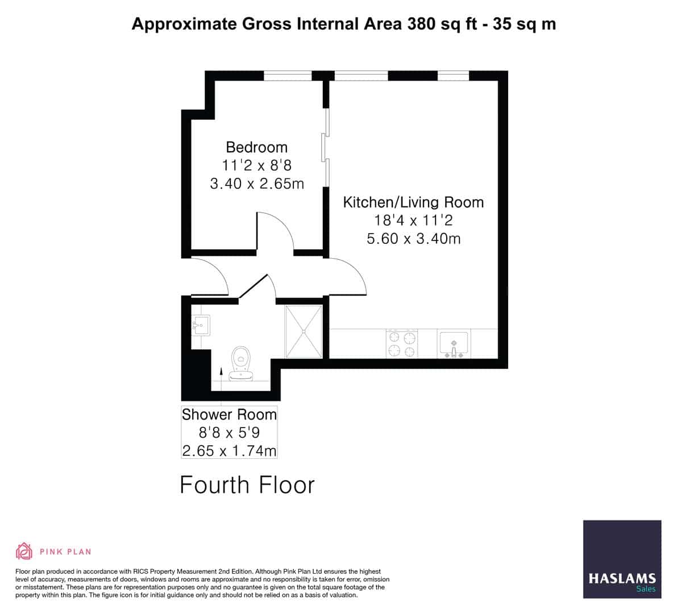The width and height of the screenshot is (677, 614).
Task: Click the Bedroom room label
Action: click(256, 147)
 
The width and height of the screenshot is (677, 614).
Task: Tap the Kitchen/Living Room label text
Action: click(413, 202)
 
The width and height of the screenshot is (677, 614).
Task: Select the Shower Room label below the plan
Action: click(229, 414)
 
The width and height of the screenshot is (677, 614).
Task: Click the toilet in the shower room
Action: click(242, 363)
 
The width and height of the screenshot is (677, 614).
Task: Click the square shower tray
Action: click(303, 331)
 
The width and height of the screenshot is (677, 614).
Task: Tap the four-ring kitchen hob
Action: click(402, 344)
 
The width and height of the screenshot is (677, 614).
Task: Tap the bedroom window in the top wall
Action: click(288, 76)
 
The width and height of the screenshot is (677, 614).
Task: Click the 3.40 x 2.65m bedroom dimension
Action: click(256, 184)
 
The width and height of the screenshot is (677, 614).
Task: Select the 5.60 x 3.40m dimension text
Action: click(413, 239)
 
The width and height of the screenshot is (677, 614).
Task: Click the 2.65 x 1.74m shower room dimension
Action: click(229, 451)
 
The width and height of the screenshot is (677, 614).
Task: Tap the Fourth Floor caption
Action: click(247, 485)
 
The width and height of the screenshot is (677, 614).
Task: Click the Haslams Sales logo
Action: click(622, 559)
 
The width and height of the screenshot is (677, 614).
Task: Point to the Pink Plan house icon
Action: click(24, 551)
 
